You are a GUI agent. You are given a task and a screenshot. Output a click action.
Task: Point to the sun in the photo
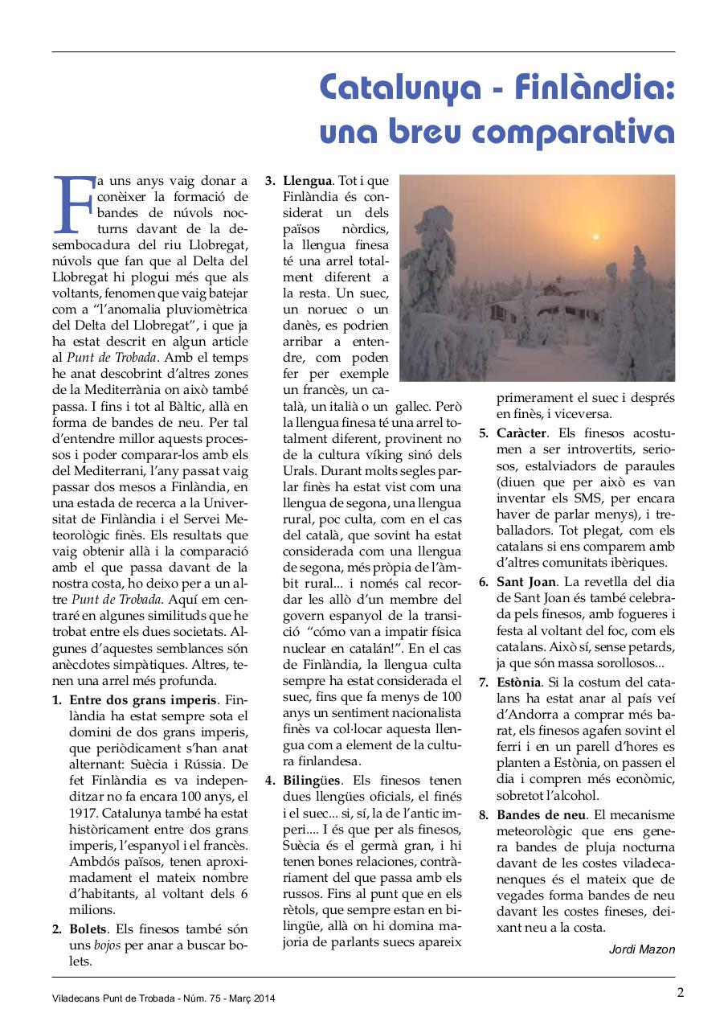tap(595, 236)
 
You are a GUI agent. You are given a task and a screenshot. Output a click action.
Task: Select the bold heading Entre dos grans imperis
tap(143, 699)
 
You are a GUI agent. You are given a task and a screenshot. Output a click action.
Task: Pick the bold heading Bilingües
tap(312, 781)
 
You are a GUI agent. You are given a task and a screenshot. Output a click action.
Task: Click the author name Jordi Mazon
tap(642, 949)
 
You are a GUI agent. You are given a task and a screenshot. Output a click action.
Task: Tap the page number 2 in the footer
tap(680, 991)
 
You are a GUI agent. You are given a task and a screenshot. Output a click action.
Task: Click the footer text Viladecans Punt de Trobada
tap(112, 998)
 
